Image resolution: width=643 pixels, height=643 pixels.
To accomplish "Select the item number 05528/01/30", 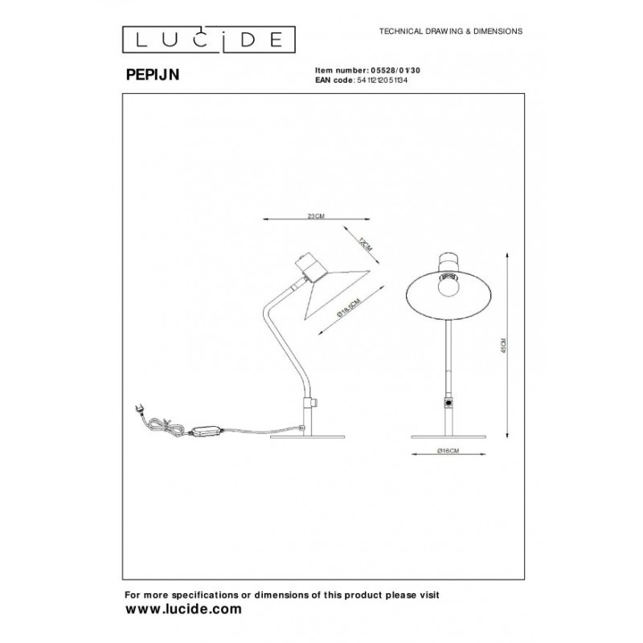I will pyautogui.click(x=386, y=71).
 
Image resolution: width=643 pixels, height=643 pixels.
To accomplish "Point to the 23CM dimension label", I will pyautogui.click(x=317, y=216).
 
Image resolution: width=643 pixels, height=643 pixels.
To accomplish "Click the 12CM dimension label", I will pyautogui.click(x=364, y=242).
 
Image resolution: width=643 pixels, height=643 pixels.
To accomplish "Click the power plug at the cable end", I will pyautogui.click(x=139, y=408).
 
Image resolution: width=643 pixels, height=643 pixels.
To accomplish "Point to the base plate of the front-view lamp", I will pyautogui.click(x=448, y=437).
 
